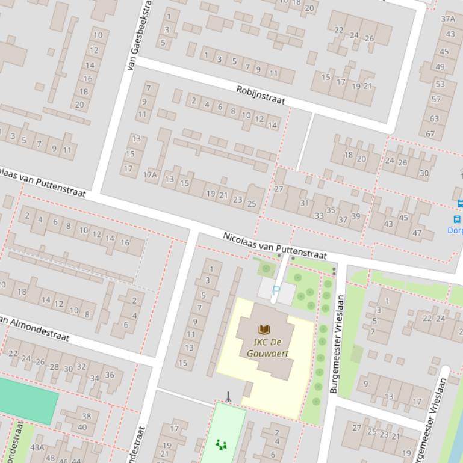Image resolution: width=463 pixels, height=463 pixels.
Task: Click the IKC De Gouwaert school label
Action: tap(263, 348)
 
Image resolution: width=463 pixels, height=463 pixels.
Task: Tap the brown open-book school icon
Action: tap(264, 329)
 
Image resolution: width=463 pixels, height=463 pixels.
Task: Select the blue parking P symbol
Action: tap(276, 290)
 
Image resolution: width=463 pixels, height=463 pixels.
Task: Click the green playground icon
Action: tap(221, 444)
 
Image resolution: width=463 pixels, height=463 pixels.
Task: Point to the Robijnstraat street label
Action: tap(260, 94)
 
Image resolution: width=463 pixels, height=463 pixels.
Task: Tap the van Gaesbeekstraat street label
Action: tap(140, 36)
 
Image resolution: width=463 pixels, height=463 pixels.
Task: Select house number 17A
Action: tap(150, 175)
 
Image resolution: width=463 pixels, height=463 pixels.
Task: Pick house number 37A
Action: tap(448, 19)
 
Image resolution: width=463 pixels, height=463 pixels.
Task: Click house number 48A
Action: tap(37, 447)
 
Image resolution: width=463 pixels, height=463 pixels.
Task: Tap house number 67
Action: tap(430, 133)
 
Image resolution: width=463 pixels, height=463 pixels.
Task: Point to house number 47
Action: tap(417, 233)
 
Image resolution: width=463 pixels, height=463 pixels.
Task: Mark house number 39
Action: tap(355, 216)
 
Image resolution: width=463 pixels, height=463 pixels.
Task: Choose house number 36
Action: tap(109, 375)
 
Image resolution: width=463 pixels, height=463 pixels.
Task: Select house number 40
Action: tap(82, 428)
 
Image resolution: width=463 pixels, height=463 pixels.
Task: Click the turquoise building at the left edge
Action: tap(27, 396)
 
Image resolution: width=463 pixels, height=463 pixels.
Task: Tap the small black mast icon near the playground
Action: tap(228, 396)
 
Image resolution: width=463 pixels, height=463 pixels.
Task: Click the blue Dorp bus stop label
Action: tap(455, 230)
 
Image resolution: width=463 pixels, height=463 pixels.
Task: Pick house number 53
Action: tap(440, 84)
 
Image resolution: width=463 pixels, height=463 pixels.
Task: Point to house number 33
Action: tap(319, 216)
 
